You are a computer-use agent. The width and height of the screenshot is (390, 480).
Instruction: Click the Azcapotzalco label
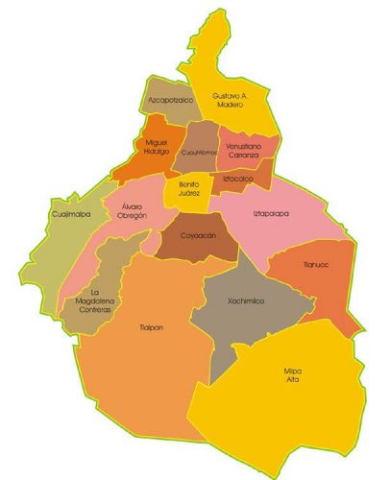(x=171, y=99)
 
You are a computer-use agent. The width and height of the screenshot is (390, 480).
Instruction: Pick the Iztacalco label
(x=238, y=178)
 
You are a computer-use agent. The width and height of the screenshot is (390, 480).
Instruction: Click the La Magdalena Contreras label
(x=95, y=300)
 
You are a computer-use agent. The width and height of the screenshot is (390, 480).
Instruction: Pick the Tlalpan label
(x=150, y=327)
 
